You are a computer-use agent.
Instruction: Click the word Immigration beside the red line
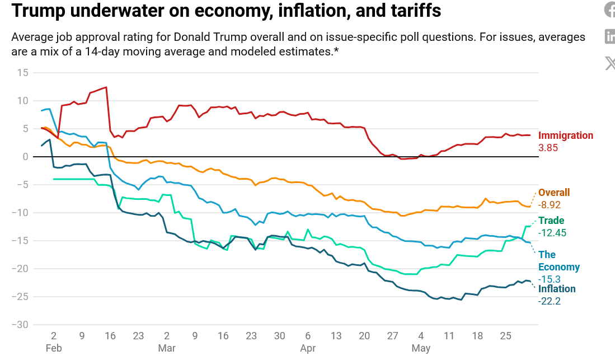pyautogui.click(x=565, y=135)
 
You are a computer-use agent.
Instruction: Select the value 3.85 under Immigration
pyautogui.click(x=548, y=148)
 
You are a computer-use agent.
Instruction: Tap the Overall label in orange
pyautogui.click(x=554, y=193)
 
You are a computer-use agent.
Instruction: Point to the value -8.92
pyautogui.click(x=550, y=205)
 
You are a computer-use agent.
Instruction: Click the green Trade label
pyautogui.click(x=551, y=221)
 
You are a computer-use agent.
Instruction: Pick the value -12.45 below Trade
pyautogui.click(x=552, y=233)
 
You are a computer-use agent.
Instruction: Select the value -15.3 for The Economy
pyautogui.click(x=549, y=279)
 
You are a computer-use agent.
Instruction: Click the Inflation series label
pyautogui.click(x=557, y=289)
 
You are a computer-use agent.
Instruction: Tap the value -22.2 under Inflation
pyautogui.click(x=549, y=301)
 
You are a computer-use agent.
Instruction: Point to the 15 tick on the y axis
pyautogui.click(x=22, y=73)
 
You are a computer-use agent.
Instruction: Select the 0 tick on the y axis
pyautogui.click(x=25, y=157)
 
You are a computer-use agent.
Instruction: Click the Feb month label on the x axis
pyautogui.click(x=54, y=348)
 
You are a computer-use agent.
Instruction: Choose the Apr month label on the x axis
pyautogui.click(x=308, y=348)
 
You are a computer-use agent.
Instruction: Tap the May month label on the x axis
pyautogui.click(x=421, y=348)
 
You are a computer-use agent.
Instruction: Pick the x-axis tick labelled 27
pyautogui.click(x=392, y=336)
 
